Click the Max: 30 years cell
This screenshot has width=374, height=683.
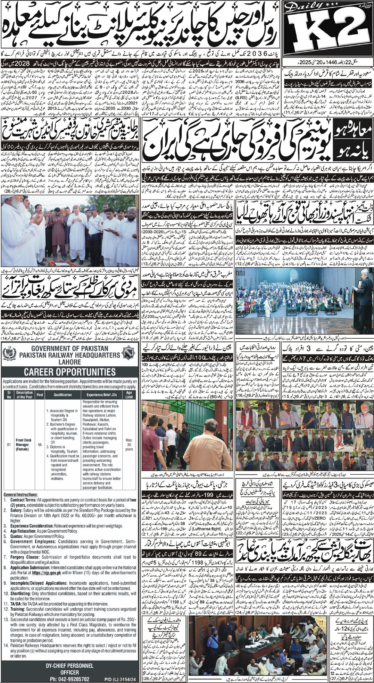pos(129,445)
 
